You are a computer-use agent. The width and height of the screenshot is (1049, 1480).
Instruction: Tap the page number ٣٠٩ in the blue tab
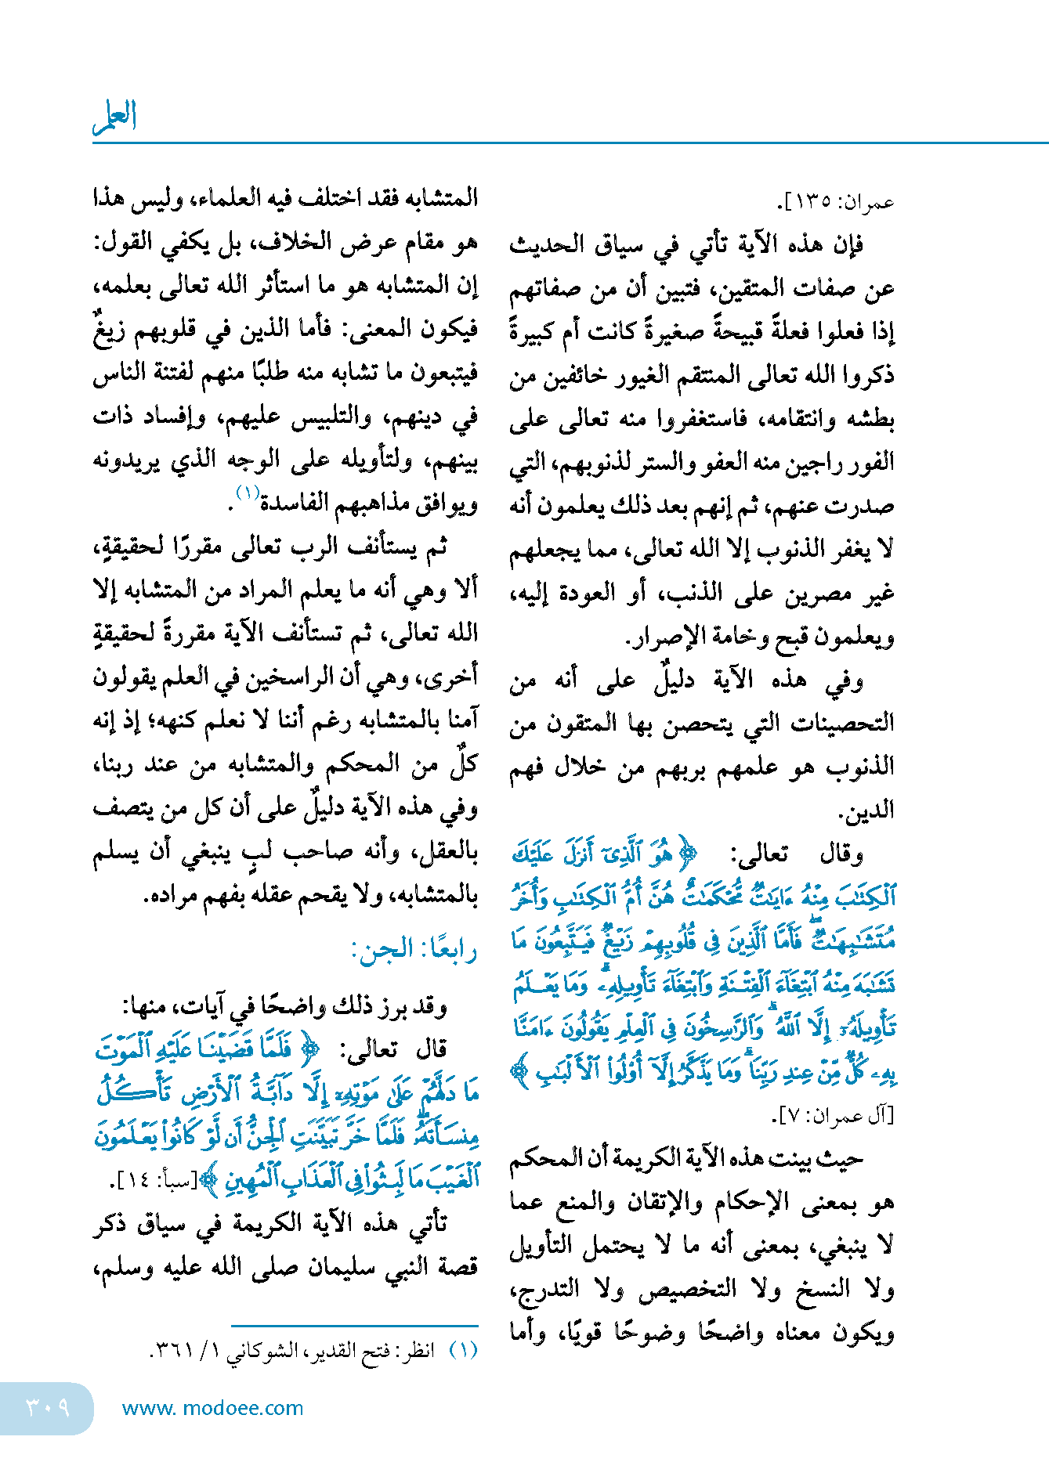[47, 1407]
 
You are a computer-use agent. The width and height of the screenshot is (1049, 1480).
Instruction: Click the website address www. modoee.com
[213, 1408]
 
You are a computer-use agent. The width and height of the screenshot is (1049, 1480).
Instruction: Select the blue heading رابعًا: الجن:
[415, 950]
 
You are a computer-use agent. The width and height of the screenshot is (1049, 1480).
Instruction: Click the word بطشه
[870, 418]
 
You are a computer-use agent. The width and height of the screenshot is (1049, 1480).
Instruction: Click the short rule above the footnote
[354, 1326]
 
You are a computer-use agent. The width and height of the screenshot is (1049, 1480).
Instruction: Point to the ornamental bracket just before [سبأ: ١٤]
[208, 1180]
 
